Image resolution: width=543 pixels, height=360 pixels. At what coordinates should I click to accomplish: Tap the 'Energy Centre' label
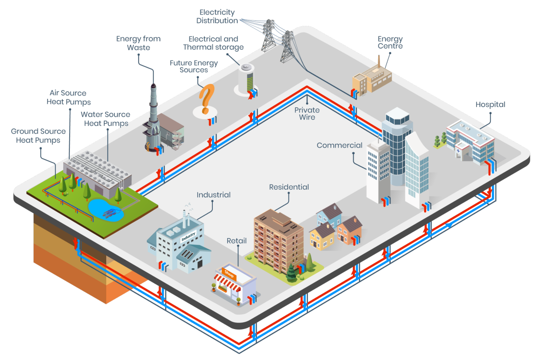pyautogui.click(x=390, y=42)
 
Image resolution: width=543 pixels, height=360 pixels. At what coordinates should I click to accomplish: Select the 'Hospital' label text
pyautogui.click(x=490, y=104)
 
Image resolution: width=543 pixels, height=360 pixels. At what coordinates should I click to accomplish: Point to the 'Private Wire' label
pyautogui.click(x=307, y=114)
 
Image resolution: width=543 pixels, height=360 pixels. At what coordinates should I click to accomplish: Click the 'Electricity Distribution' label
pyautogui.click(x=217, y=17)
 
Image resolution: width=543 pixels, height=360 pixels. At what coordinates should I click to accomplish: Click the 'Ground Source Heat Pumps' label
pyautogui.click(x=38, y=136)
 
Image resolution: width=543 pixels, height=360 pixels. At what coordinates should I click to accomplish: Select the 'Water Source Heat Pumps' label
pyautogui.click(x=106, y=119)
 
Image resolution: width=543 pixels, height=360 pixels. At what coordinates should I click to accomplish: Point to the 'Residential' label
pyautogui.click(x=289, y=187)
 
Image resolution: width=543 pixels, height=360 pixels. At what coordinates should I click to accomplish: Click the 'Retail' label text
pyautogui.click(x=236, y=241)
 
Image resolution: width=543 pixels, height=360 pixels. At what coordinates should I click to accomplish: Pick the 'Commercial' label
pyautogui.click(x=339, y=145)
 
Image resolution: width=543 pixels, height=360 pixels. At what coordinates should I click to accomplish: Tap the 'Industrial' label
pyautogui.click(x=213, y=195)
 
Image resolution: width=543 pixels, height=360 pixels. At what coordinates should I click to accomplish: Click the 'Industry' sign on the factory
pyautogui.click(x=188, y=237)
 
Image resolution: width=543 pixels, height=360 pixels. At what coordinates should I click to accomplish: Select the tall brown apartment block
pyautogui.click(x=272, y=238)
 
